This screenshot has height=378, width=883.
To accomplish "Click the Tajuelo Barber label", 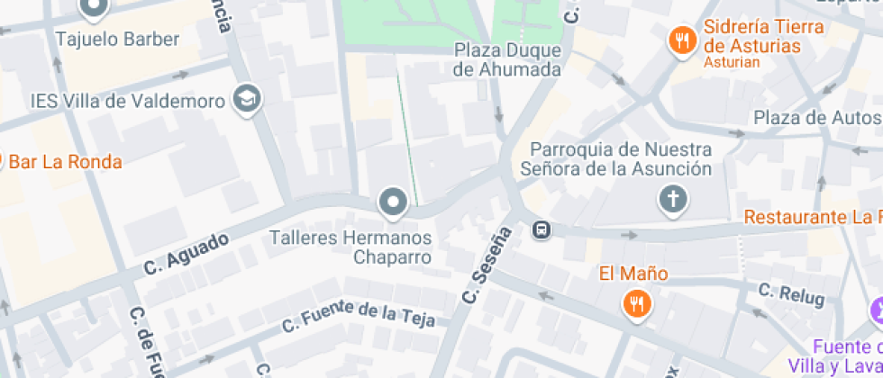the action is pyautogui.click(x=117, y=39).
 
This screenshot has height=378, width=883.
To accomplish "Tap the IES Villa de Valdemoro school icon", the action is pyautogui.click(x=246, y=100).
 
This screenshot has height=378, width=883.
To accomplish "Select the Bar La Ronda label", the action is pyautogui.click(x=65, y=162).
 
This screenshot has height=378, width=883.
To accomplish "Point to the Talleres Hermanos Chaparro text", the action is pyautogui.click(x=351, y=247).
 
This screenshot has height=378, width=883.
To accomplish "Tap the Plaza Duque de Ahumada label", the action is pyautogui.click(x=508, y=59).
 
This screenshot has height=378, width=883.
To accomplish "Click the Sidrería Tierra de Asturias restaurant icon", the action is pyautogui.click(x=682, y=40).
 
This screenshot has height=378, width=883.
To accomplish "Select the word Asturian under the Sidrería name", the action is pyautogui.click(x=731, y=63).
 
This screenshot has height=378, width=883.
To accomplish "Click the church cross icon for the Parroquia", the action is pyautogui.click(x=673, y=199).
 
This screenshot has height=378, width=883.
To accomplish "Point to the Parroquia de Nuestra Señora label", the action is pyautogui.click(x=622, y=158).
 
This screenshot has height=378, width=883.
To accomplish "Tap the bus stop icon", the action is pyautogui.click(x=542, y=230).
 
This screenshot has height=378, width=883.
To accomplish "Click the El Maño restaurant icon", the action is pyautogui.click(x=637, y=303).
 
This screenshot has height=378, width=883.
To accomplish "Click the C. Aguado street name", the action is pyautogui.click(x=187, y=254).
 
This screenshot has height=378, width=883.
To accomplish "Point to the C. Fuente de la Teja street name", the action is pyautogui.click(x=358, y=314).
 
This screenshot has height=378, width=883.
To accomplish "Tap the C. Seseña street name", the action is pyautogui.click(x=487, y=264).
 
